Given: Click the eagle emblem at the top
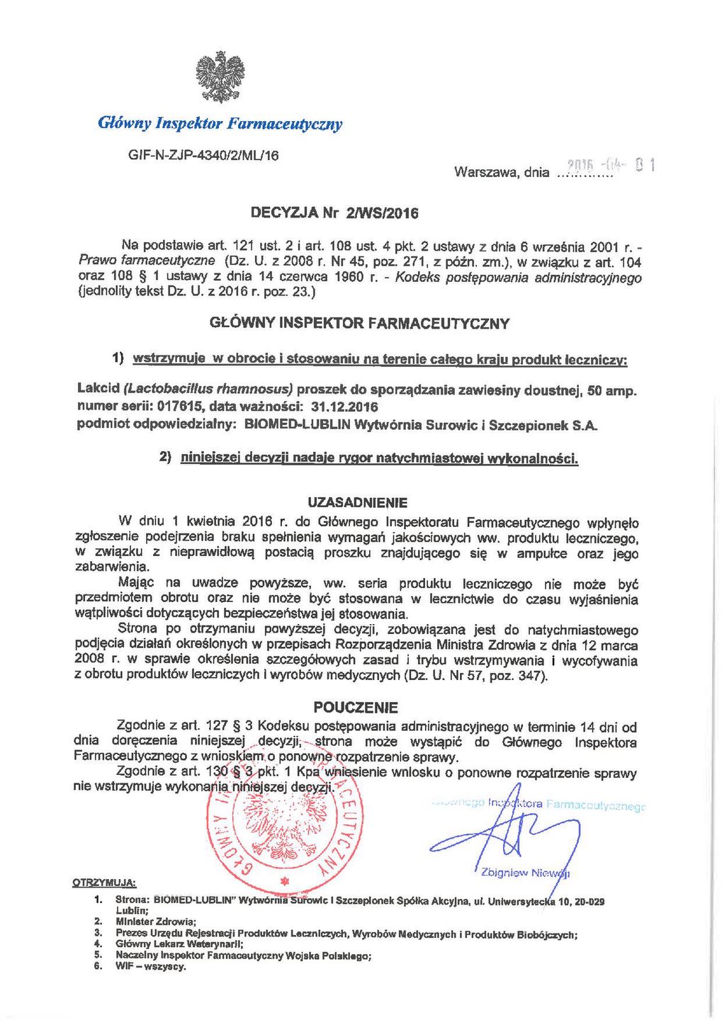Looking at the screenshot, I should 219,77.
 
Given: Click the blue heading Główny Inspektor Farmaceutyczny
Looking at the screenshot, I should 220,124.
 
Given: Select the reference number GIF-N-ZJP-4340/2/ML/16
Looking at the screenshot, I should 203,155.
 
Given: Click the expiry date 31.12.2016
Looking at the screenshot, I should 344,407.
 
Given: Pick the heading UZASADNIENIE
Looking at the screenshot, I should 357,503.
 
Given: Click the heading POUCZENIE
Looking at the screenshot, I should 356,707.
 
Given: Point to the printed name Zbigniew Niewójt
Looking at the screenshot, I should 525,873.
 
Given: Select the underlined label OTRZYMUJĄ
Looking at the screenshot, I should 104,883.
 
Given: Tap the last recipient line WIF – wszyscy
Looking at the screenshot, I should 151,967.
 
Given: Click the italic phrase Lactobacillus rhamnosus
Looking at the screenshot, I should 208,390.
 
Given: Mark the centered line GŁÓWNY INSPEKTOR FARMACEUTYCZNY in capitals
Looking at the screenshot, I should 359,324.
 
